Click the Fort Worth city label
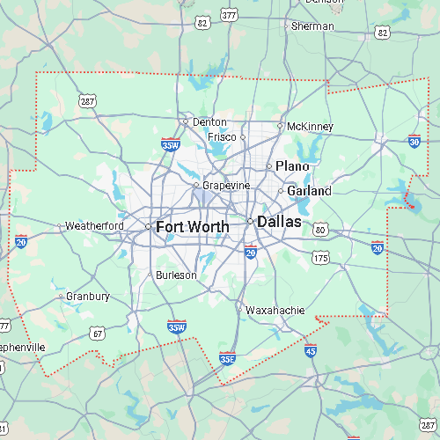pyautogui.click(x=192, y=227)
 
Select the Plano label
pyautogui.click(x=292, y=166)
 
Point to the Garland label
pyautogui.click(x=309, y=191)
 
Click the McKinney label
pyautogui.click(x=310, y=127)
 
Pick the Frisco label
pyautogui.click(x=222, y=137)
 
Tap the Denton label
pyautogui.click(x=209, y=122)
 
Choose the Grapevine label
pyautogui.click(x=226, y=186)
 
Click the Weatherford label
pyautogui.click(x=94, y=226)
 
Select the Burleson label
pyautogui.click(x=176, y=275)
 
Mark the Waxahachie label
pyautogui.click(x=275, y=311)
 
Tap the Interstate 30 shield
pyautogui.click(x=414, y=141)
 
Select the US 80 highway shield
pyautogui.click(x=321, y=231)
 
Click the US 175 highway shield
pyautogui.click(x=320, y=258)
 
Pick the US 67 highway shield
pyautogui.click(x=98, y=334)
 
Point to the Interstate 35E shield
pyautogui.click(x=227, y=358)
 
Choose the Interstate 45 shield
pyautogui.click(x=311, y=350)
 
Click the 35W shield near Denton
pyautogui.click(x=171, y=143)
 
